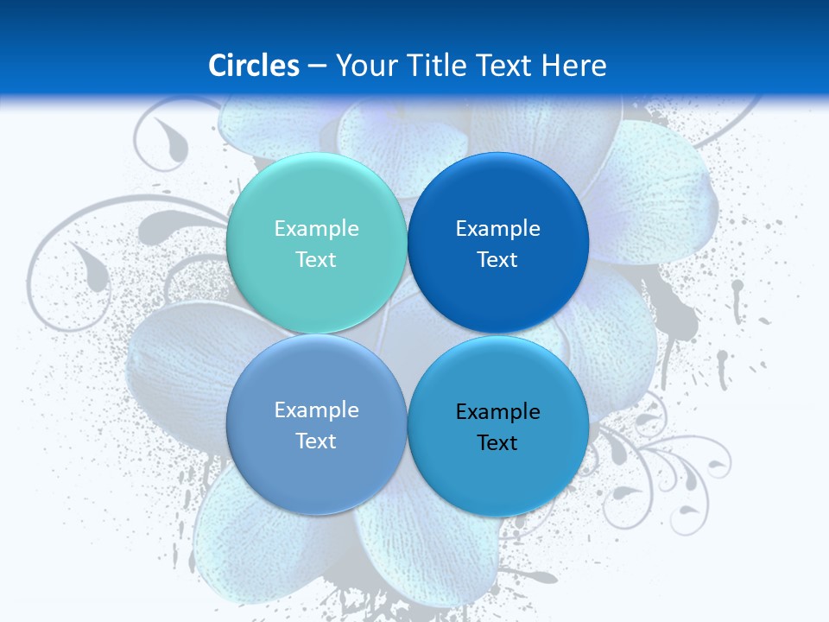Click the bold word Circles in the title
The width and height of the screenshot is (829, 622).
(x=253, y=66)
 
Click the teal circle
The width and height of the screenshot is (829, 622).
(x=316, y=243)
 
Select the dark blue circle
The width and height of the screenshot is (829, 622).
(x=497, y=243)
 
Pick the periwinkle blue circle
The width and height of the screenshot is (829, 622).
(x=316, y=424)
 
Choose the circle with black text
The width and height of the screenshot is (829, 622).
(x=497, y=426)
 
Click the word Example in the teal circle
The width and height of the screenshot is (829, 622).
(x=316, y=228)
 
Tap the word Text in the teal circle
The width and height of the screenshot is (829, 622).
(x=316, y=259)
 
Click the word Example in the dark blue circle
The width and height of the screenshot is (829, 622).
(x=497, y=228)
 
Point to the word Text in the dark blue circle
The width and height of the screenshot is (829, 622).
(x=497, y=259)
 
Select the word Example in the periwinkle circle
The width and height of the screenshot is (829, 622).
(x=316, y=409)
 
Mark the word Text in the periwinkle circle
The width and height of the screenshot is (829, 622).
(x=316, y=441)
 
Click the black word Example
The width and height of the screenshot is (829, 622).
(x=497, y=411)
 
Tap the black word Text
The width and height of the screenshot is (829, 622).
(x=497, y=442)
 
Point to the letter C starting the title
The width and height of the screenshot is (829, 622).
(x=218, y=66)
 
